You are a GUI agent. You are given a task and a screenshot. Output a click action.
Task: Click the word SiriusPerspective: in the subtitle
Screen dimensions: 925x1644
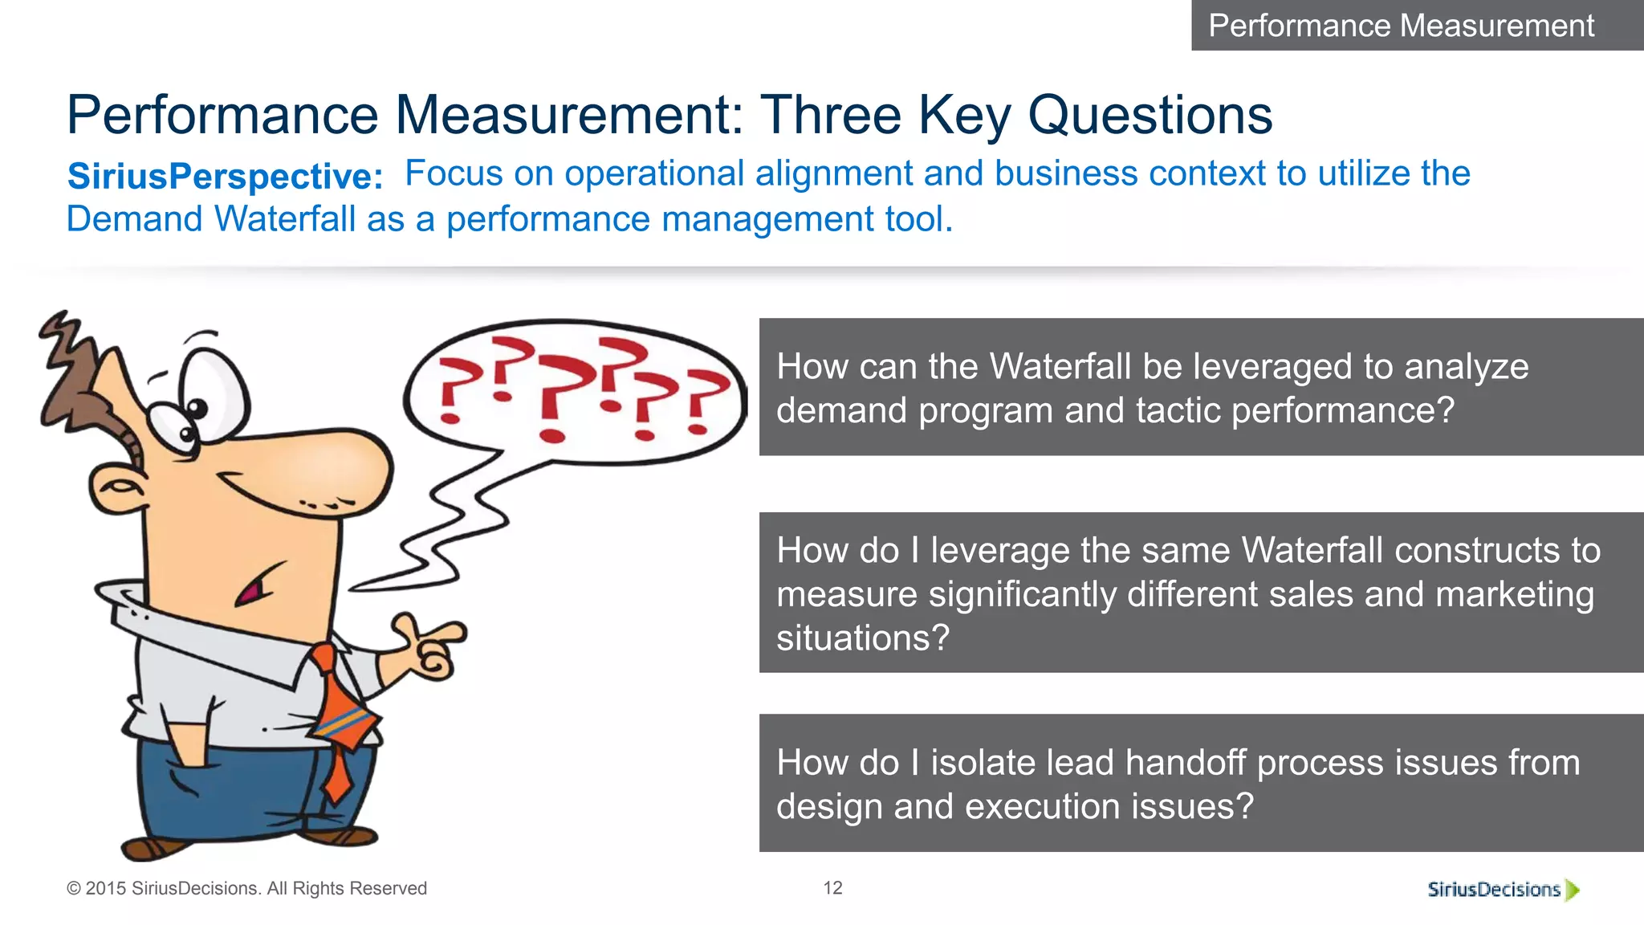[x=225, y=176]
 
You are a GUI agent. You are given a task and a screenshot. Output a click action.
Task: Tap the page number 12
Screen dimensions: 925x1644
[x=832, y=887]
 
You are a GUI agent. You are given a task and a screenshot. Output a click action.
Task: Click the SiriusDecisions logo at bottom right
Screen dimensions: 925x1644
[x=1502, y=889]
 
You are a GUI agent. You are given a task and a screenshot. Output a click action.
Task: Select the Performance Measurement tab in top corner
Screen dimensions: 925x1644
[x=1401, y=25]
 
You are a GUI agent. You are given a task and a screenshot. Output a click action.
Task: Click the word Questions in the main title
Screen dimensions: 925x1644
[x=1150, y=115]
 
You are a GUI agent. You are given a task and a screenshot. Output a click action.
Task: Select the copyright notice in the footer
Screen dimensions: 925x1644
[x=246, y=888]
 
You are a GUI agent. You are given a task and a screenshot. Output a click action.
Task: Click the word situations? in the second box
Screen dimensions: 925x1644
[x=863, y=638]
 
